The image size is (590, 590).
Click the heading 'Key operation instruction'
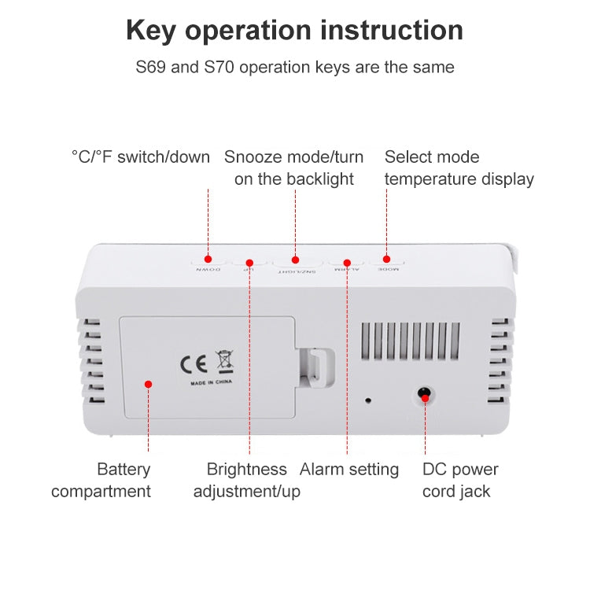[x=294, y=31]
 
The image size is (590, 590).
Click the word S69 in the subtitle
[x=152, y=67]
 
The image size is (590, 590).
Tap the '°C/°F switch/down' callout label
[x=141, y=157]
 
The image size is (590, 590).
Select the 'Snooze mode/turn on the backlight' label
[x=294, y=168]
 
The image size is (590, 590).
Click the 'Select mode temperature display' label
[x=459, y=168]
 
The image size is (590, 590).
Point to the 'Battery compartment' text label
[x=101, y=481]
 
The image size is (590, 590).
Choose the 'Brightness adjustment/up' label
[x=246, y=481]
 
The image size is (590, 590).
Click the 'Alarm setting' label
[x=348, y=470]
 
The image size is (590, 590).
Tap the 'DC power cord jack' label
[x=460, y=481]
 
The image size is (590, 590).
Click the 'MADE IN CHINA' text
[x=211, y=383]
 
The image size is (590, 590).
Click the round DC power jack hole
[x=425, y=394]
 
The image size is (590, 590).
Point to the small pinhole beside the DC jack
[x=368, y=400]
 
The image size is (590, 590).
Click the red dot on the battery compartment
[x=147, y=383]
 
